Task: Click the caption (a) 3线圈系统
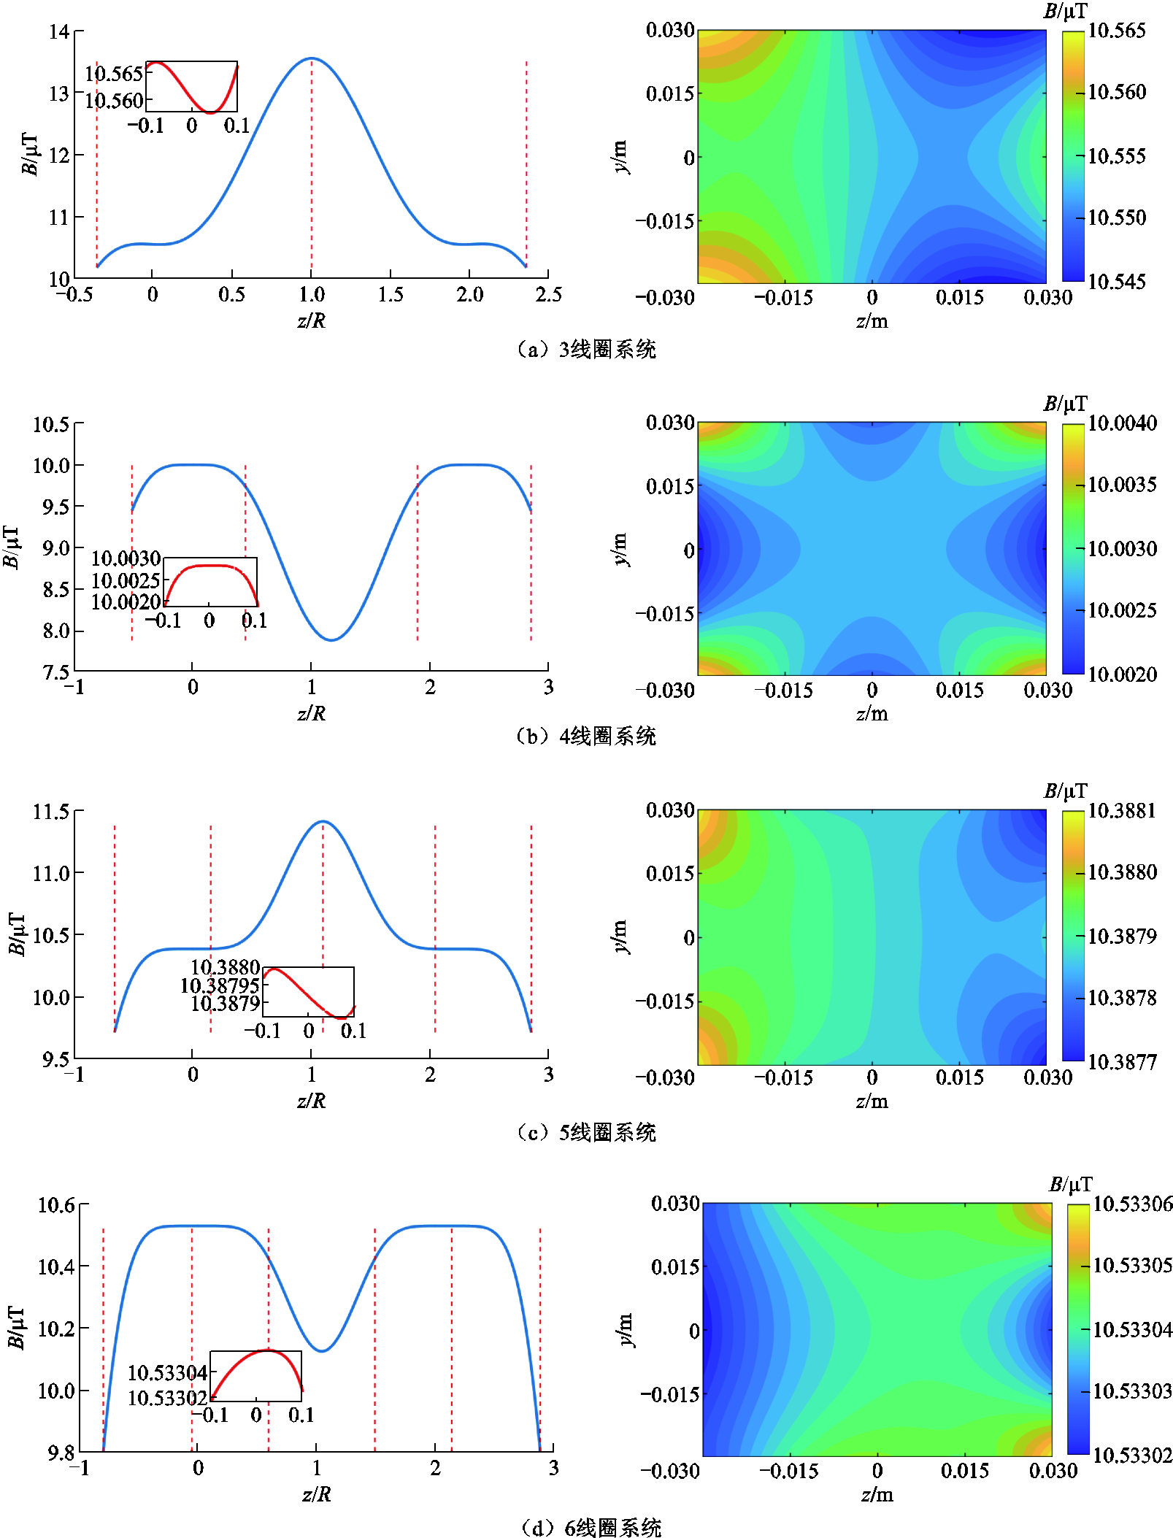click(x=586, y=350)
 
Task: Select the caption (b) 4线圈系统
click(x=586, y=736)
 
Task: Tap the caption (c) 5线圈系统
click(x=586, y=1132)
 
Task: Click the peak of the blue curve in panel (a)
click(x=312, y=58)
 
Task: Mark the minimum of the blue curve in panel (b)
click(x=332, y=640)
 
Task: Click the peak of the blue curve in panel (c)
click(x=323, y=822)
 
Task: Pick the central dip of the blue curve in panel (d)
click(x=321, y=1350)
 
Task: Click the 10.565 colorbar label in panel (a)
click(x=1116, y=31)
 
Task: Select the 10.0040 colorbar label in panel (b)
click(x=1122, y=423)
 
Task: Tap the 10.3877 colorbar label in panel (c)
click(x=1122, y=1061)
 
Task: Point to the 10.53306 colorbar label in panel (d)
click(x=1132, y=1204)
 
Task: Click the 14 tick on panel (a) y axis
click(x=59, y=32)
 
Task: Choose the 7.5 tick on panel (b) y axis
click(x=55, y=672)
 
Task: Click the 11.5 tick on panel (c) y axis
click(x=50, y=812)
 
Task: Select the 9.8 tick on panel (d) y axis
click(x=61, y=1453)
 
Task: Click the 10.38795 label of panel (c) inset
click(x=220, y=986)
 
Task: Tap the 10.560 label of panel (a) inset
click(x=114, y=101)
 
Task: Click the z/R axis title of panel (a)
click(x=312, y=320)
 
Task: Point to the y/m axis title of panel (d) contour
click(x=625, y=1330)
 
